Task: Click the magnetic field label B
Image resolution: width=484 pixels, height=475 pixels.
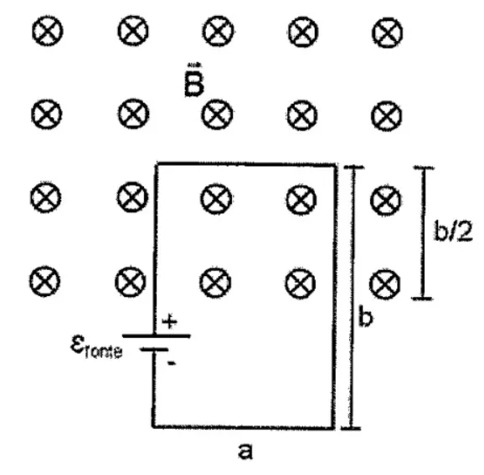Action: tap(194, 80)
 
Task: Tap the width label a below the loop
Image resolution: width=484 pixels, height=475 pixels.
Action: tap(245, 452)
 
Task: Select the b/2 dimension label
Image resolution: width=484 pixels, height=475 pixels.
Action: tap(453, 230)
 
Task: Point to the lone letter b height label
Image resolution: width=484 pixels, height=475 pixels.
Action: tap(366, 317)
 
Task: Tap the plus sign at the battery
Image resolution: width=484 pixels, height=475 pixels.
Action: tap(170, 323)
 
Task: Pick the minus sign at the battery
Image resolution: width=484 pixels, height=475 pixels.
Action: tap(172, 364)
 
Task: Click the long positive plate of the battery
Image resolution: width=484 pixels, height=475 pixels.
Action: tap(157, 335)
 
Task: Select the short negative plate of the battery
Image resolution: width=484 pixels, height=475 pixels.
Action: tap(154, 350)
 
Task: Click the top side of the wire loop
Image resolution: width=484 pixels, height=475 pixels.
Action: tap(246, 164)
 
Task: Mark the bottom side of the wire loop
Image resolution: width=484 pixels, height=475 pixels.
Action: tap(244, 426)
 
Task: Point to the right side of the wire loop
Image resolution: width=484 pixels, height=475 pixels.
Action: tap(335, 296)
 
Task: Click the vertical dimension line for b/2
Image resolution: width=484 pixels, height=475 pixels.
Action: tap(424, 233)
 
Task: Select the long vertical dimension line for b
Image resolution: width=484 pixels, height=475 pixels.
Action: tap(353, 298)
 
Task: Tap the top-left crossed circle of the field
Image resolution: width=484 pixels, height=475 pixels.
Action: tap(48, 31)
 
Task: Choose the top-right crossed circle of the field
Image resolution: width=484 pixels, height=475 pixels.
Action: tap(388, 33)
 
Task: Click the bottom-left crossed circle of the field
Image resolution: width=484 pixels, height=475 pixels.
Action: tap(44, 281)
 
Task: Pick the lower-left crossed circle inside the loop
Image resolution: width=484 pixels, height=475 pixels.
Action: tap(215, 283)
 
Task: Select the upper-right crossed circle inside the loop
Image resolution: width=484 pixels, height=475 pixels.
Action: tap(301, 199)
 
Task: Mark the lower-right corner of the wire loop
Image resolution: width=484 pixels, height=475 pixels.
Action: tap(333, 427)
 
